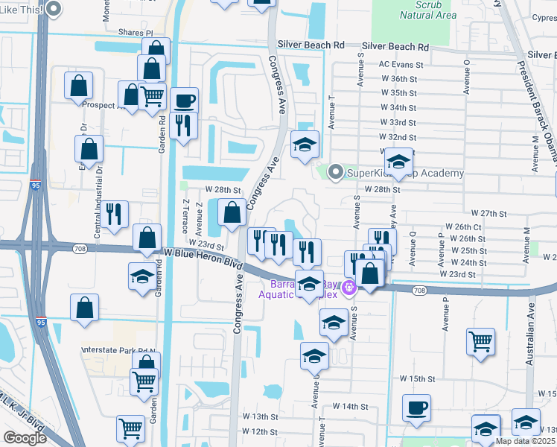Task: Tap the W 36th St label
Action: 398,79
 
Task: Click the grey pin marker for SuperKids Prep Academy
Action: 335,173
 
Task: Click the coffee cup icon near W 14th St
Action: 417,408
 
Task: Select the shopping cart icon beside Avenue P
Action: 480,342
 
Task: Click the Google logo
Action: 25,437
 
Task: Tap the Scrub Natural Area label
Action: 427,10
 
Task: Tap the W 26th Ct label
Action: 463,226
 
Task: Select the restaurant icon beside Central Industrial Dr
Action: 117,214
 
